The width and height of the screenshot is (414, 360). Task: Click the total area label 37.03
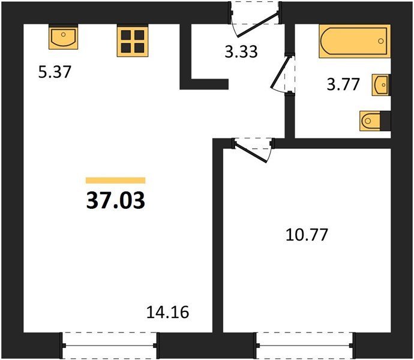[116, 200]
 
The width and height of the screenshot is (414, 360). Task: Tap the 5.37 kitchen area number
[55, 72]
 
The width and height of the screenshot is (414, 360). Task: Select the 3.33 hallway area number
[241, 52]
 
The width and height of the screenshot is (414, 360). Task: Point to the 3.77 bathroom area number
[343, 85]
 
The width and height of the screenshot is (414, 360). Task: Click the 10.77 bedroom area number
[307, 235]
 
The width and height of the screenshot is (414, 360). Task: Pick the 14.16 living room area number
[167, 312]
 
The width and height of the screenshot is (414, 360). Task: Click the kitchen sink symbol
[64, 37]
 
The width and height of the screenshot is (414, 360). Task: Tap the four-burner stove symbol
[133, 41]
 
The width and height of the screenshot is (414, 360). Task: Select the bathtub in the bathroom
[355, 41]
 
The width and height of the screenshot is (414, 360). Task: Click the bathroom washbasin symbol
[381, 85]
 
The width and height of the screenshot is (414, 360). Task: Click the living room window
[110, 346]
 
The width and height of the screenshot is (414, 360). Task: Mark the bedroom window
[304, 346]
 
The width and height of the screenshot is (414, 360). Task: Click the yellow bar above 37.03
[116, 181]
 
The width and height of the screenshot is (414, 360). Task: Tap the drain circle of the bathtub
[381, 41]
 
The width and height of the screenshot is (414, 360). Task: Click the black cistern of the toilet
[385, 121]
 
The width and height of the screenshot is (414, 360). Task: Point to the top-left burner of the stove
[126, 35]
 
